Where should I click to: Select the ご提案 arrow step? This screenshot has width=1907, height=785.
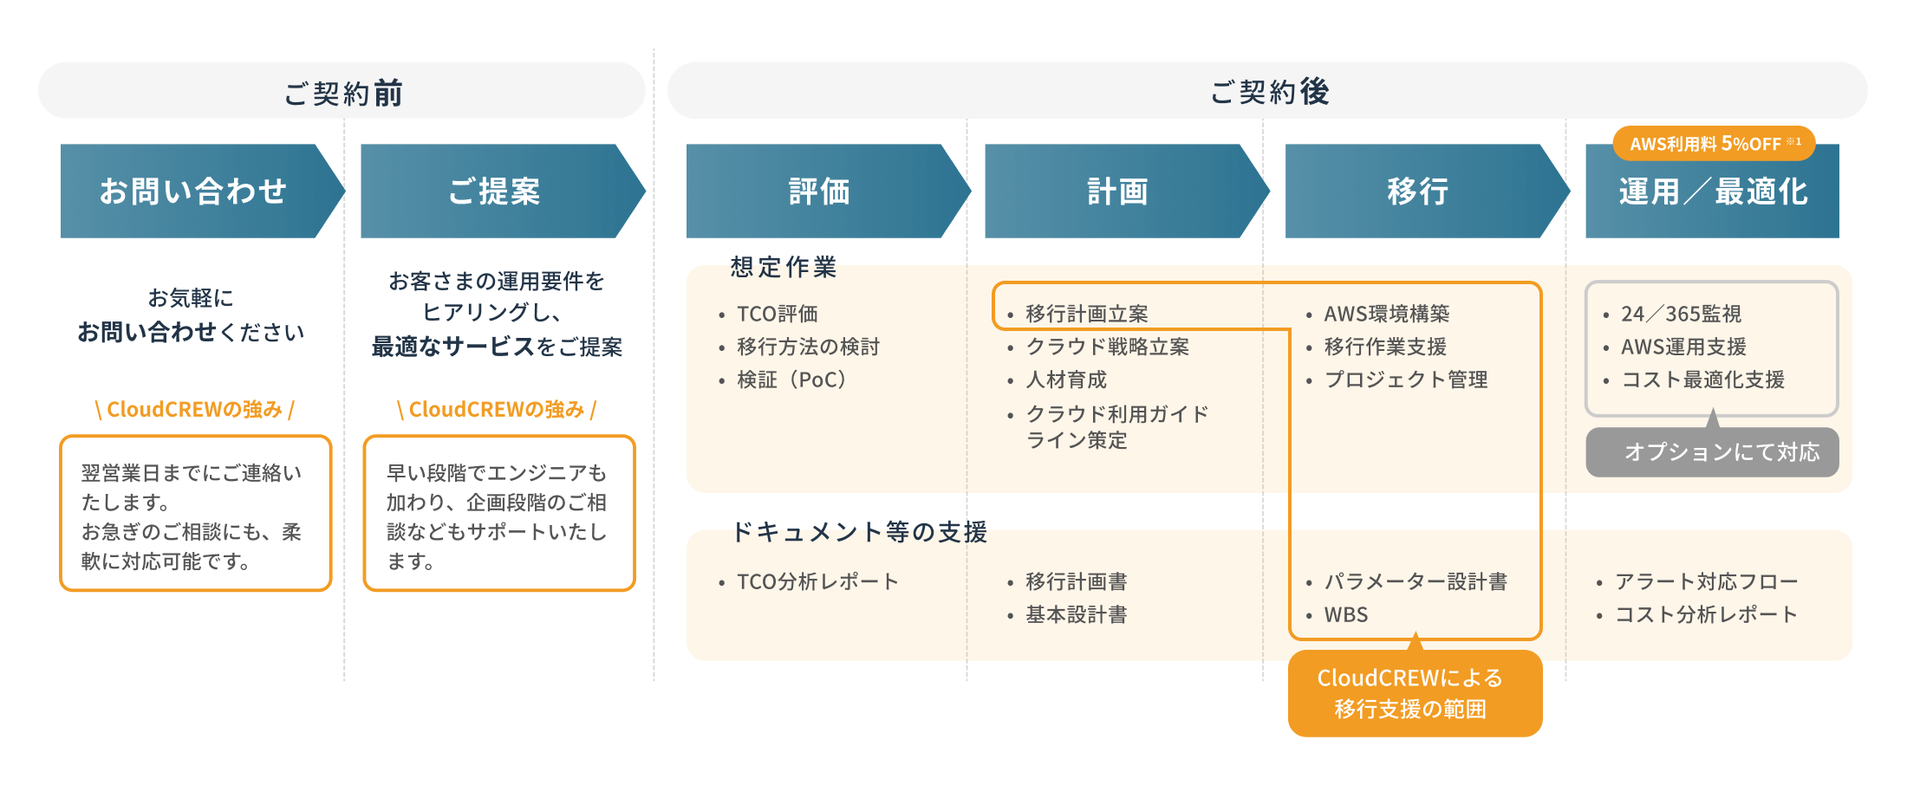494,191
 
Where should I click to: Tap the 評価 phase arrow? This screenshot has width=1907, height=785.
819,191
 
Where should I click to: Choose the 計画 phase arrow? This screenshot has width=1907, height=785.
1118,191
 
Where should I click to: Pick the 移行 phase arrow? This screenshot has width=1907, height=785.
1418,191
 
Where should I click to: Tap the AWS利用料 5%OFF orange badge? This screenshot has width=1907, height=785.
1714,143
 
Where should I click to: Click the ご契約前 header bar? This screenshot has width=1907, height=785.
342,91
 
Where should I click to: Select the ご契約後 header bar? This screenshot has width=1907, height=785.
1267,91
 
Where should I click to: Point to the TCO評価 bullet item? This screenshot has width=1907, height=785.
777,314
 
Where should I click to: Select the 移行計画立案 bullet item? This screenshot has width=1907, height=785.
1086,314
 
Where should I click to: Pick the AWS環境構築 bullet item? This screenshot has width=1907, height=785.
1386,314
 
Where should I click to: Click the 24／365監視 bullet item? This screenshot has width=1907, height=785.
1681,314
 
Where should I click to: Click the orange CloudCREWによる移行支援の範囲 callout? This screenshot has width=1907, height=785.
1415,693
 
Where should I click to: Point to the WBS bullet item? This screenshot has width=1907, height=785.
1345,615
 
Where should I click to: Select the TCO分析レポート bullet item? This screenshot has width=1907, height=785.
817,581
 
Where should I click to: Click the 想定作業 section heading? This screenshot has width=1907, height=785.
783,267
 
